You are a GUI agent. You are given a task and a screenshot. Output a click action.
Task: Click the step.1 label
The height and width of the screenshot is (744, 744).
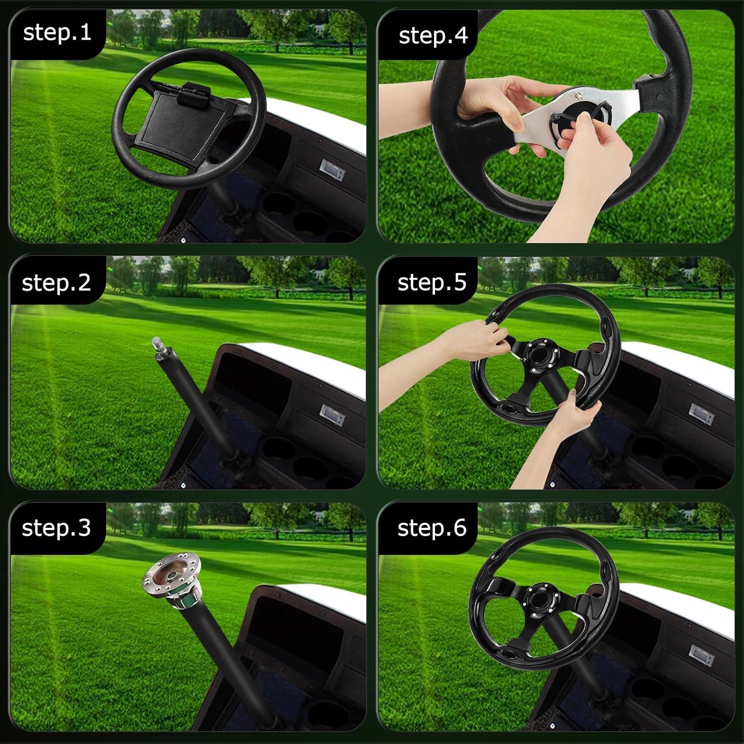point(57,33)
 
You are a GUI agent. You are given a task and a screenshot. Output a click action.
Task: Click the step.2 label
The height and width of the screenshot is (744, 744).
point(56,283)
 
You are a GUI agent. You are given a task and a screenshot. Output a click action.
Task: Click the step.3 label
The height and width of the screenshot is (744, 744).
point(56,528)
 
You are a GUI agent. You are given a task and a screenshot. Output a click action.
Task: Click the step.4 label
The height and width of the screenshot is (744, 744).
point(433,36)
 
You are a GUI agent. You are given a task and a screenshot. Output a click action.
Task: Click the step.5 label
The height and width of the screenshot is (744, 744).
point(432,282)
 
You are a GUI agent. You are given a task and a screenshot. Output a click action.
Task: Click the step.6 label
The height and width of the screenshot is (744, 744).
point(432,528)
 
